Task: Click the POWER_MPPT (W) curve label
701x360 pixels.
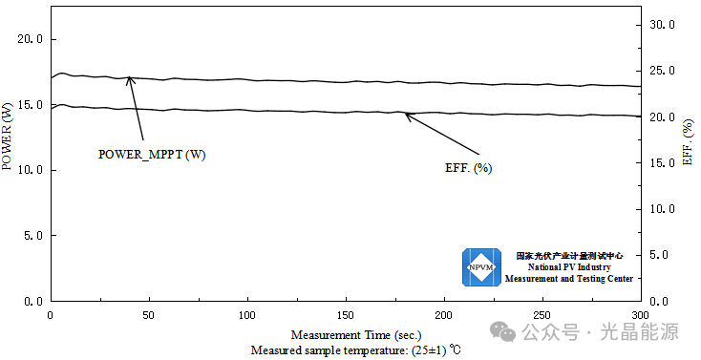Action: click(152, 155)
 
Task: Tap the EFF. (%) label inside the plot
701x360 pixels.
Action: click(469, 168)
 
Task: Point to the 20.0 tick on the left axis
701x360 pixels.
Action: click(31, 39)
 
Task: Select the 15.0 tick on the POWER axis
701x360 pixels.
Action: click(31, 105)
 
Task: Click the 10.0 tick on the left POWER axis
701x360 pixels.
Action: click(31, 170)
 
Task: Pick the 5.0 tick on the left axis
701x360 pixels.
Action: click(33, 235)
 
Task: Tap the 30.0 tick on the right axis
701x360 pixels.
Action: click(662, 25)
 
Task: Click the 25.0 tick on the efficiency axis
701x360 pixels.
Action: click(662, 71)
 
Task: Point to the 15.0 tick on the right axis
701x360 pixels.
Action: click(662, 162)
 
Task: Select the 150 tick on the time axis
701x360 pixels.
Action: click(346, 315)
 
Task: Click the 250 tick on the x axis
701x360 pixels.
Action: click(542, 315)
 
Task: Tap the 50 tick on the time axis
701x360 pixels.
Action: click(149, 315)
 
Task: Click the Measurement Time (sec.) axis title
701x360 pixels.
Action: click(356, 335)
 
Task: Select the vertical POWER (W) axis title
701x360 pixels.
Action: click(7, 137)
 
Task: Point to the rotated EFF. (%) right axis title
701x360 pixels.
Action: click(688, 142)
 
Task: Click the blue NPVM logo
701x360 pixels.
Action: click(481, 267)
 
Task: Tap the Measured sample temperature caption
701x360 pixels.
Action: click(355, 350)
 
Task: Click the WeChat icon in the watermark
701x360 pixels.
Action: click(503, 331)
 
